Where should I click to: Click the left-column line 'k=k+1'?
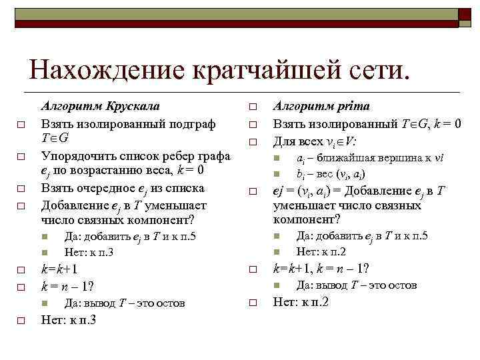[x=59, y=269]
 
